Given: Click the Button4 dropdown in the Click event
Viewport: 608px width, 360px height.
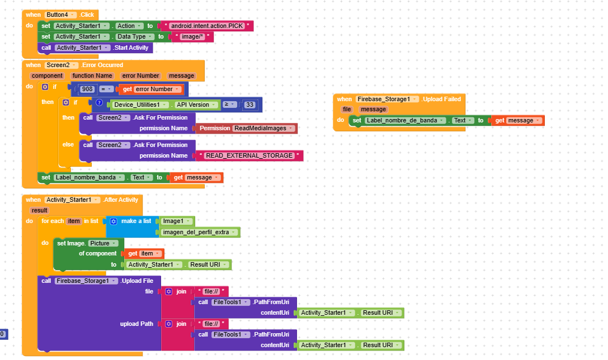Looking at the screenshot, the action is click(x=60, y=15).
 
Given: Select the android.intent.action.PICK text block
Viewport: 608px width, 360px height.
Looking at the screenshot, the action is click(x=207, y=26).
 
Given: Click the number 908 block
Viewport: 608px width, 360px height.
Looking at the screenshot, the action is click(x=87, y=89).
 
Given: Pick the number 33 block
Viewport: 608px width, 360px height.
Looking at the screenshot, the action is click(x=249, y=105).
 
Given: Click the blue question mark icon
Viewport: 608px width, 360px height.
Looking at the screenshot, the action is click(x=99, y=103).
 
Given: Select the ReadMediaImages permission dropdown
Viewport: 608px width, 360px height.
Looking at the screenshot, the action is click(x=263, y=128).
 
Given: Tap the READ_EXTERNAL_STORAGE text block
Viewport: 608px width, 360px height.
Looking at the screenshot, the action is click(x=249, y=156).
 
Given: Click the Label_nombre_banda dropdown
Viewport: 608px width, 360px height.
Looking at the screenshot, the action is click(x=89, y=177).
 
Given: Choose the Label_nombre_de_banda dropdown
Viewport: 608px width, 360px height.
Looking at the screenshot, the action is click(x=405, y=121).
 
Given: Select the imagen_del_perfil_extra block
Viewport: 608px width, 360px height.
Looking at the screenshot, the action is click(x=199, y=232).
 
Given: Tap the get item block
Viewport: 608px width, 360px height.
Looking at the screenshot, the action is click(x=143, y=253).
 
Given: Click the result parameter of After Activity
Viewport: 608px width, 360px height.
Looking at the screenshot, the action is click(x=40, y=210).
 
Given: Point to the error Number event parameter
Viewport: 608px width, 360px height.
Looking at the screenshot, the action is click(x=140, y=76).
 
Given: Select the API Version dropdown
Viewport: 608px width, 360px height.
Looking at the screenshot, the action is click(x=196, y=105).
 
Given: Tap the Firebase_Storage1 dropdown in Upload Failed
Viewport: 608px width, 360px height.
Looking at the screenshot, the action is click(x=387, y=99).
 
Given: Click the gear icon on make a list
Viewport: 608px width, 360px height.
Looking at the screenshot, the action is click(x=113, y=221).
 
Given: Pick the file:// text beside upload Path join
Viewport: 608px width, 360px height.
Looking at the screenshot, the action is click(x=212, y=324).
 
